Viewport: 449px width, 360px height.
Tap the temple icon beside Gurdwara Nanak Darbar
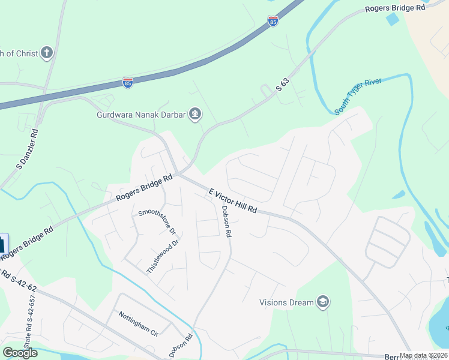194,114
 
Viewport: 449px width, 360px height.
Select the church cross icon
47,53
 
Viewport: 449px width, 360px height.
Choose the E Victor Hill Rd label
232,202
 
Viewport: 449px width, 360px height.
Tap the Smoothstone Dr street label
156,221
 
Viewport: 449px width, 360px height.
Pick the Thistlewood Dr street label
163,257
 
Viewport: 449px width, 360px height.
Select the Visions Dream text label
286,302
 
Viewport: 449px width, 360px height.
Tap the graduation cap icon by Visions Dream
323,302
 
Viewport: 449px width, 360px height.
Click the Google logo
20,352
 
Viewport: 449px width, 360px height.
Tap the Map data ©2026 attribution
423,355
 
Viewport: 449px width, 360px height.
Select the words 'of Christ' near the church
19,53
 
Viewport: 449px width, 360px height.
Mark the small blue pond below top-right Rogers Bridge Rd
393,19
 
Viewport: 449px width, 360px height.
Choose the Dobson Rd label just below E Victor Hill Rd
226,222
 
